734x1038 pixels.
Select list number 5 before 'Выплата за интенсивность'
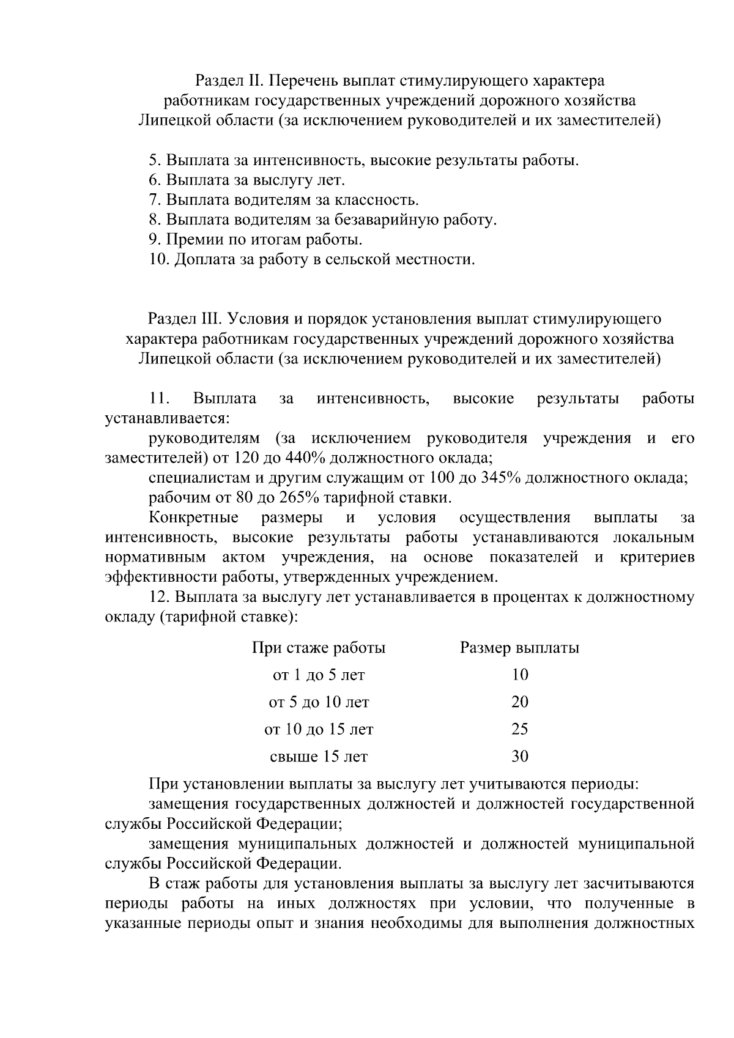154,161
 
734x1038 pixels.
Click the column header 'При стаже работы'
319,648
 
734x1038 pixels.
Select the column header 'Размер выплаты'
519,648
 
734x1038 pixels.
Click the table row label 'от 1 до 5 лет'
319,675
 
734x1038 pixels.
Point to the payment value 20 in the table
519,702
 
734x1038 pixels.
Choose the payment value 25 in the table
519,729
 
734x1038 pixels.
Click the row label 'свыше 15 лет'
319,757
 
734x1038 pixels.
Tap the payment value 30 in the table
519,757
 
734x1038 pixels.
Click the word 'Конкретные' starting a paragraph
194,517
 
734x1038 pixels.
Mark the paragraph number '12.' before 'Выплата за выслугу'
159,597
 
